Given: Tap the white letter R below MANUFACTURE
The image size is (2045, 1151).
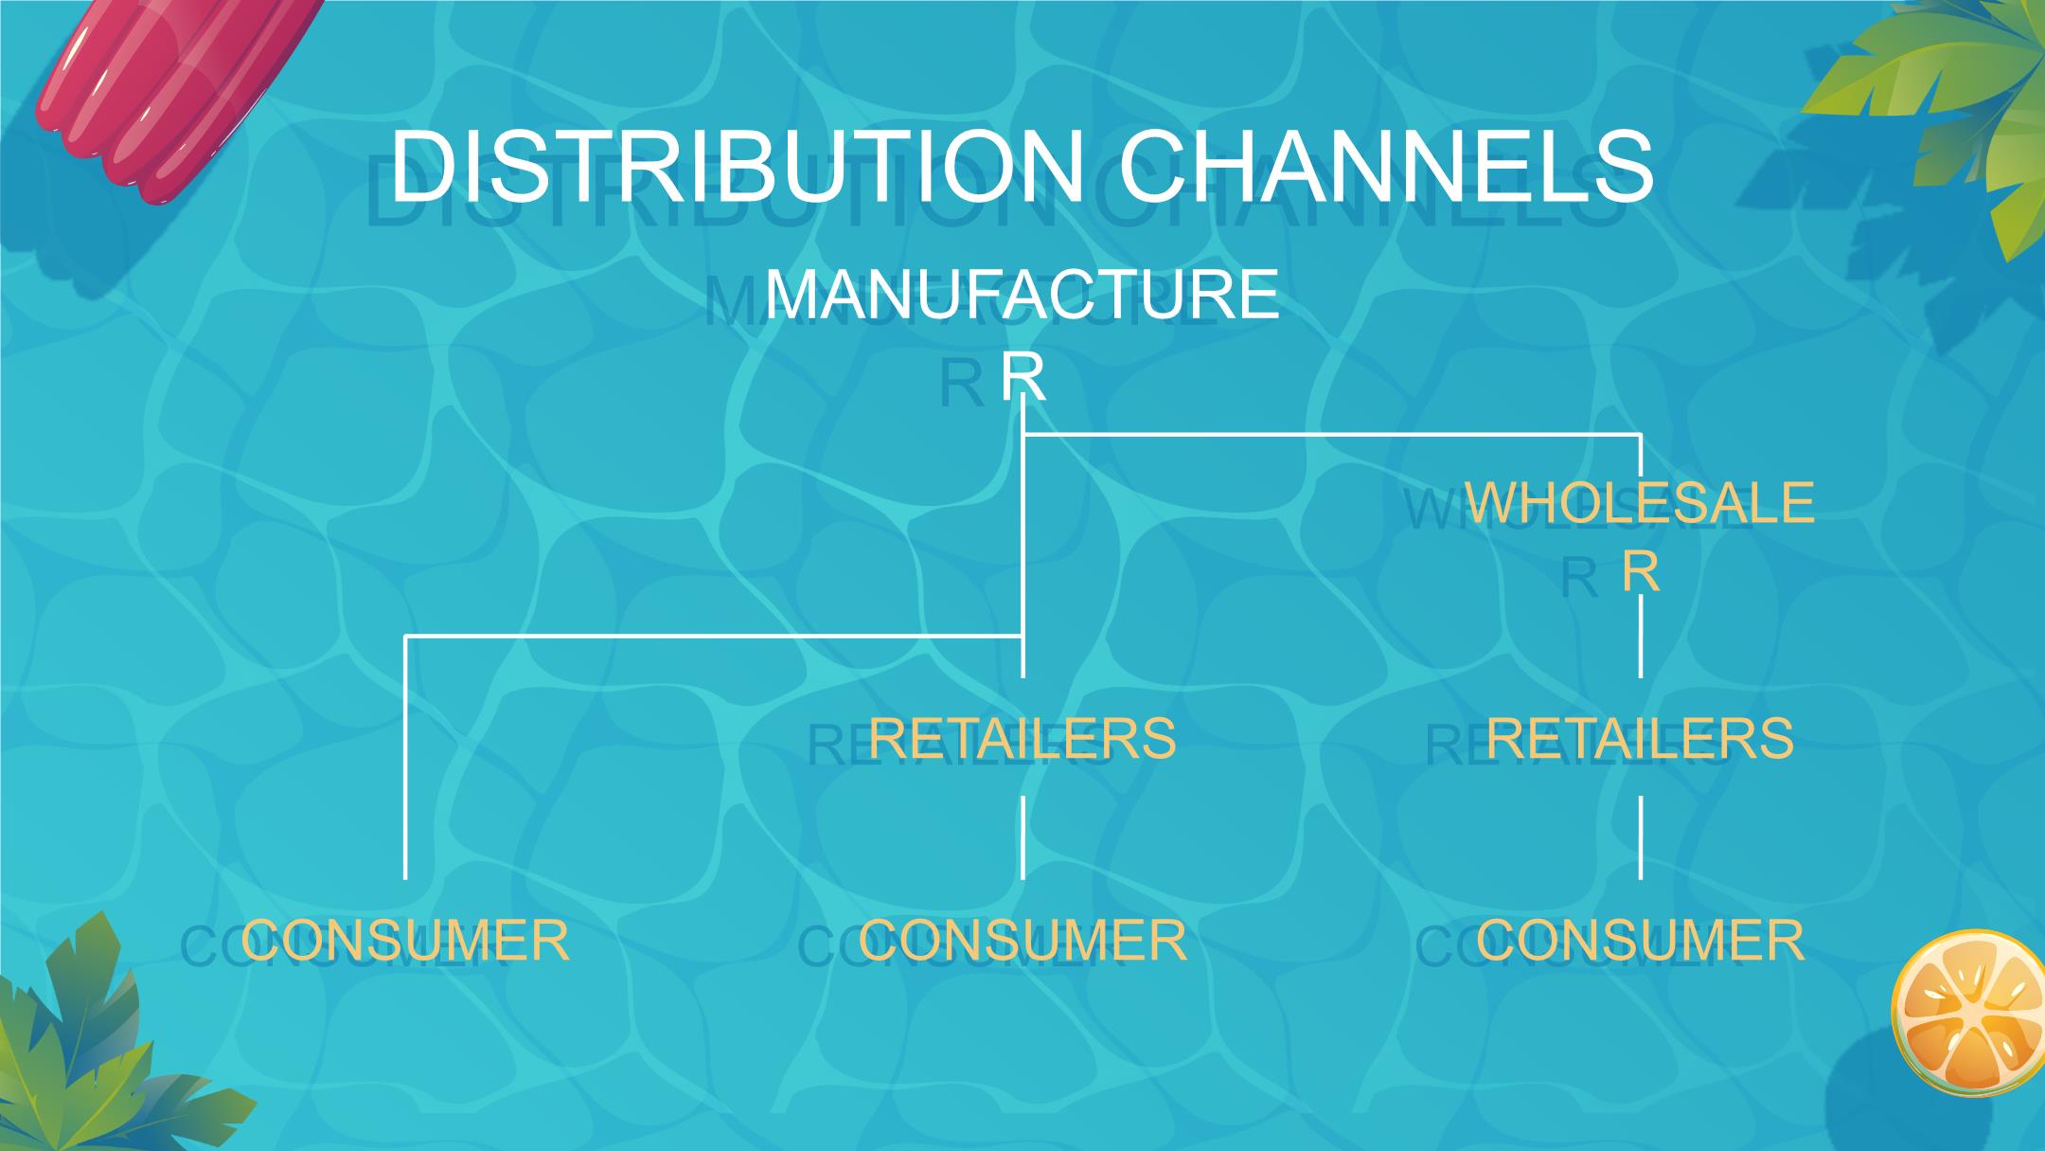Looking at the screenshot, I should tap(1022, 377).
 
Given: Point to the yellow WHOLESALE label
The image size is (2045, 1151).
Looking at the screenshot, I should tap(1640, 502).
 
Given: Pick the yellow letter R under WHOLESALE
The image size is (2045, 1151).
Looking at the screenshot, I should tap(1640, 571).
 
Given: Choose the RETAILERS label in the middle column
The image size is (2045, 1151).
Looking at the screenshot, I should tap(1022, 738).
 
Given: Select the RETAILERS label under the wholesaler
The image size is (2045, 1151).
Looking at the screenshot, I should tap(1640, 738).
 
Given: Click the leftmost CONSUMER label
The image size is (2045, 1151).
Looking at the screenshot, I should tap(405, 941).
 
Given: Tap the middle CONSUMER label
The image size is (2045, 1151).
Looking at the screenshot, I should tap(1022, 941).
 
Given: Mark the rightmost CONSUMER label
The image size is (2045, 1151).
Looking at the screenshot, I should tap(1640, 941).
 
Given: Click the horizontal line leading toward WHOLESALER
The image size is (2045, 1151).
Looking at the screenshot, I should tap(1325, 435).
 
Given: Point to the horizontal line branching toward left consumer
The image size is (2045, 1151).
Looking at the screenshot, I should tap(710, 637).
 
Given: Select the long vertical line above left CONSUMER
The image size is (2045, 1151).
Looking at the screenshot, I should tap(406, 758).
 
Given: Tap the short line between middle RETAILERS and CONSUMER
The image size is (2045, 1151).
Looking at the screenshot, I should tap(1022, 837).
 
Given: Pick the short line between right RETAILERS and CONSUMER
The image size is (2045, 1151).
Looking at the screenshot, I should tap(1641, 837).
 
